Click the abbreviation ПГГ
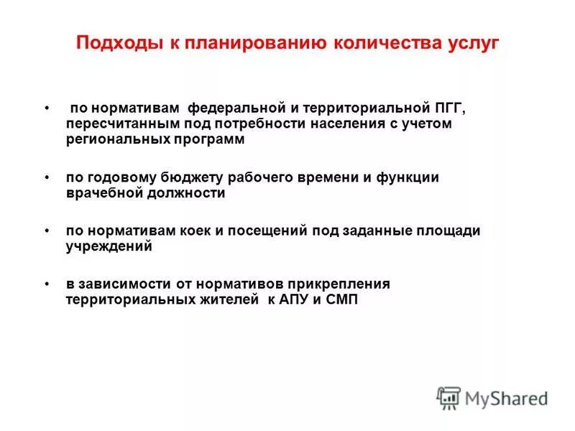[x=448, y=108]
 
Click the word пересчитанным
[x=114, y=124]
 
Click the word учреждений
[x=109, y=246]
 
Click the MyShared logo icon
[x=448, y=397]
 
